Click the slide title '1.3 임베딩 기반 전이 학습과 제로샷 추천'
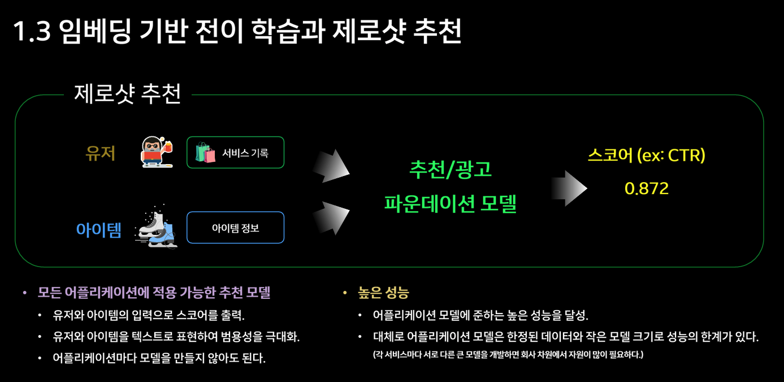(x=237, y=32)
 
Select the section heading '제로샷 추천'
(x=127, y=94)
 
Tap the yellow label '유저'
(x=101, y=153)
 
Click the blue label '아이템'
(x=99, y=230)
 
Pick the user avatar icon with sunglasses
(x=155, y=152)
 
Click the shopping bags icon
(x=206, y=153)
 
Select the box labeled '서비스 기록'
(x=235, y=153)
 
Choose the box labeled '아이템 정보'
(x=235, y=228)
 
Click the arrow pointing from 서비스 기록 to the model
(x=332, y=166)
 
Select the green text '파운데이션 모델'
(x=450, y=203)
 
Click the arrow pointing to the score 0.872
(x=568, y=187)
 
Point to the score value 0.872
(x=647, y=188)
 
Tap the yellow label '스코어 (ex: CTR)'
(x=647, y=156)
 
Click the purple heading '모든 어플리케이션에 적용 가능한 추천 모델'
(x=154, y=293)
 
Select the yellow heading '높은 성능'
(x=383, y=293)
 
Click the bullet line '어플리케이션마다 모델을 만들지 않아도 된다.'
(x=159, y=358)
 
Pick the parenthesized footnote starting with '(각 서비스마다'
(x=508, y=355)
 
